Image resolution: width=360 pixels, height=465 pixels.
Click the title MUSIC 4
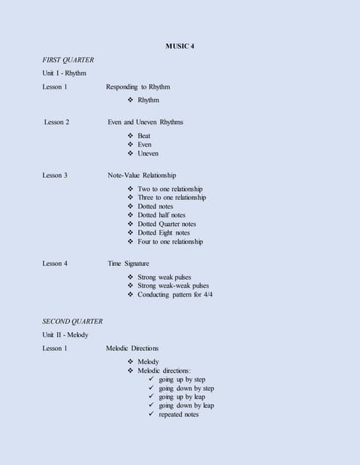pyautogui.click(x=180, y=46)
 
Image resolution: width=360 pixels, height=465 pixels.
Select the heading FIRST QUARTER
pyautogui.click(x=68, y=60)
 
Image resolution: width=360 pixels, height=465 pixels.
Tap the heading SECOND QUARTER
pyautogui.click(x=73, y=321)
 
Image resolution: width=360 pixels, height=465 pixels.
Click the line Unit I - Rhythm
pyautogui.click(x=64, y=73)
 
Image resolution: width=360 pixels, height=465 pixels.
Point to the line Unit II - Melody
pyautogui.click(x=65, y=335)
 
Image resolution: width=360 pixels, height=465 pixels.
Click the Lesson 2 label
pyautogui.click(x=57, y=122)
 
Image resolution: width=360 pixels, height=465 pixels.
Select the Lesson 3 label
pyautogui.click(x=55, y=175)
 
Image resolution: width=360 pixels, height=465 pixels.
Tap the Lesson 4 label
pyautogui.click(x=55, y=264)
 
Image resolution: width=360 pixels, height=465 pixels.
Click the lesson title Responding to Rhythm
pyautogui.click(x=138, y=87)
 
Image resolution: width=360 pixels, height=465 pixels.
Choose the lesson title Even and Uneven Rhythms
pyautogui.click(x=145, y=122)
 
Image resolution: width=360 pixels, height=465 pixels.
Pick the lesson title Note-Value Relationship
pyautogui.click(x=142, y=175)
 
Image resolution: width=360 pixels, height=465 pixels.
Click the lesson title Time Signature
pyautogui.click(x=129, y=264)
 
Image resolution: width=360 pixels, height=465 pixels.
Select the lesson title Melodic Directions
pyautogui.click(x=132, y=349)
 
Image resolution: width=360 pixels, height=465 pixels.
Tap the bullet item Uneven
pyautogui.click(x=148, y=153)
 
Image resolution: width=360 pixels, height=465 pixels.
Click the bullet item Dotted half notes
pyautogui.click(x=161, y=215)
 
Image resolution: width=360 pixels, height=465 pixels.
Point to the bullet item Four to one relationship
pyautogui.click(x=170, y=242)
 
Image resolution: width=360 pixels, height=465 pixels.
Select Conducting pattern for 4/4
pyautogui.click(x=175, y=295)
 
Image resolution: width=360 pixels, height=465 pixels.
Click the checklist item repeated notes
pyautogui.click(x=178, y=415)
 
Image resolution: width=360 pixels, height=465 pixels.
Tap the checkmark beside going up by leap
pyautogui.click(x=151, y=397)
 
